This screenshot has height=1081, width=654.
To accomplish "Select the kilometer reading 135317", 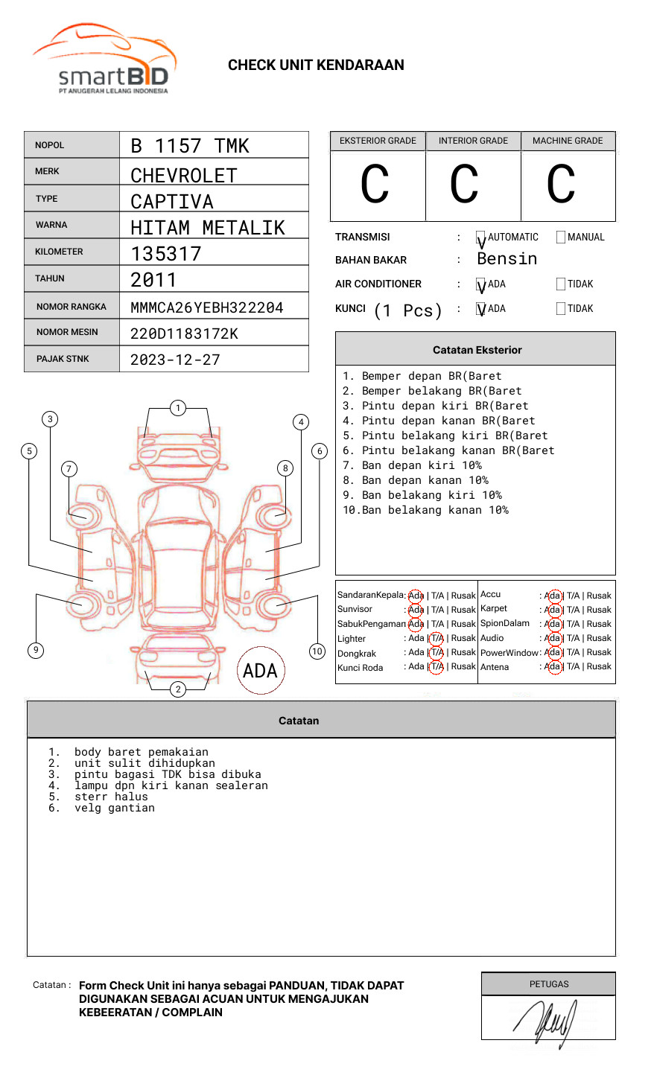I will pyautogui.click(x=166, y=254).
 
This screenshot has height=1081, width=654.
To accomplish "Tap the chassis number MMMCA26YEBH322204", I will pyautogui.click(x=206, y=307).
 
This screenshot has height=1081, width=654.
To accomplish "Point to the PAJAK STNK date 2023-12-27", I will pyautogui.click(x=175, y=360).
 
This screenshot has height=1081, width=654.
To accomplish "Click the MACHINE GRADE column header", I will pyautogui.click(x=568, y=141).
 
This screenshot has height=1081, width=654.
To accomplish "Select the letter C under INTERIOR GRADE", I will pyautogui.click(x=464, y=185).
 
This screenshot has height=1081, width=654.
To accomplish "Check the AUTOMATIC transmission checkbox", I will pyautogui.click(x=480, y=237).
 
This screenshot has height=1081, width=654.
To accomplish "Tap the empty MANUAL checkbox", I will pyautogui.click(x=561, y=237).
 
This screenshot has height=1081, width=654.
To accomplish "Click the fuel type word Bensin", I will pyautogui.click(x=507, y=259).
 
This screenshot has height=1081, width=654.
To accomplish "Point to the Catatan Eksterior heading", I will pyautogui.click(x=477, y=350).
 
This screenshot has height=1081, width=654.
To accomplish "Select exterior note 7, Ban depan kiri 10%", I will pyautogui.click(x=412, y=465).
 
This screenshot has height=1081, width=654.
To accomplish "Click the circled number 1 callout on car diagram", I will pyautogui.click(x=177, y=408).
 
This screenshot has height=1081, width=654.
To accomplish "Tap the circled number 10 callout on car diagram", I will pyautogui.click(x=317, y=651).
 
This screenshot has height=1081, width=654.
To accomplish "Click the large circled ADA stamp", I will pyautogui.click(x=260, y=671).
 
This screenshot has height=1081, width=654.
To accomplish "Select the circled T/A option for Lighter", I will pyautogui.click(x=436, y=638).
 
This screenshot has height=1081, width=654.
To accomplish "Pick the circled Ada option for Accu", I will pyautogui.click(x=553, y=596).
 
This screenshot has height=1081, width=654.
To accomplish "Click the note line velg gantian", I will pyautogui.click(x=115, y=808).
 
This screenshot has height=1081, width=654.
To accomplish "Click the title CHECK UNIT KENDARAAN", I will pyautogui.click(x=316, y=66).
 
